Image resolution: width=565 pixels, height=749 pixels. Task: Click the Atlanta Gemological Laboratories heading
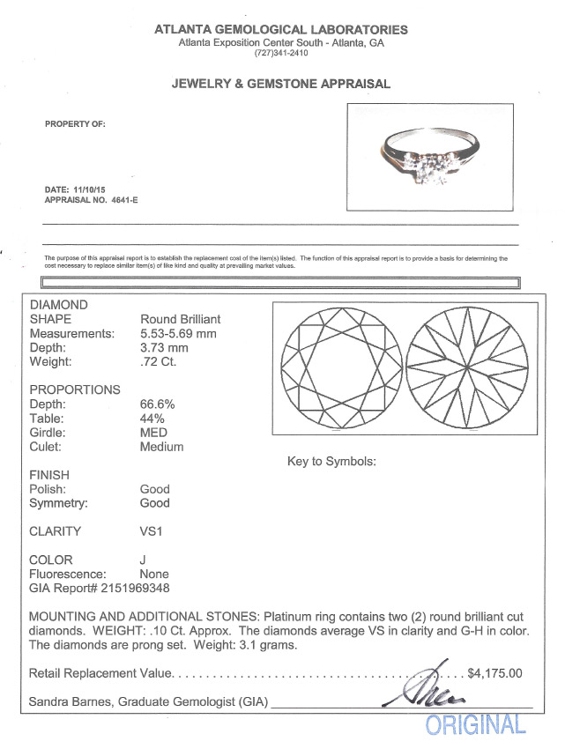pyautogui.click(x=281, y=29)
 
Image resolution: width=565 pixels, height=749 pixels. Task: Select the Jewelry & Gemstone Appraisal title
pyautogui.click(x=281, y=85)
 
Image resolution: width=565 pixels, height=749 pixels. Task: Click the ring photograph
pyautogui.click(x=431, y=158)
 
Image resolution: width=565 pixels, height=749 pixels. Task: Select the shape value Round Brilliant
pyautogui.click(x=180, y=319)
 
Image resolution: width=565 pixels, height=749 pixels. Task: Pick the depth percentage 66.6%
pyautogui.click(x=158, y=404)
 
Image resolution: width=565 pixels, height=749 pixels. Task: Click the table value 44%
pyautogui.click(x=152, y=418)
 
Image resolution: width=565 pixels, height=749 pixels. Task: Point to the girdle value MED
pyautogui.click(x=154, y=432)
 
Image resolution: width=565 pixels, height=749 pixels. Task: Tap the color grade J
pyautogui.click(x=143, y=559)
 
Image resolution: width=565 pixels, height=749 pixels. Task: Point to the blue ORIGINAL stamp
pyautogui.click(x=476, y=725)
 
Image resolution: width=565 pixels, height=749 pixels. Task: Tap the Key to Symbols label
pyautogui.click(x=331, y=461)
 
